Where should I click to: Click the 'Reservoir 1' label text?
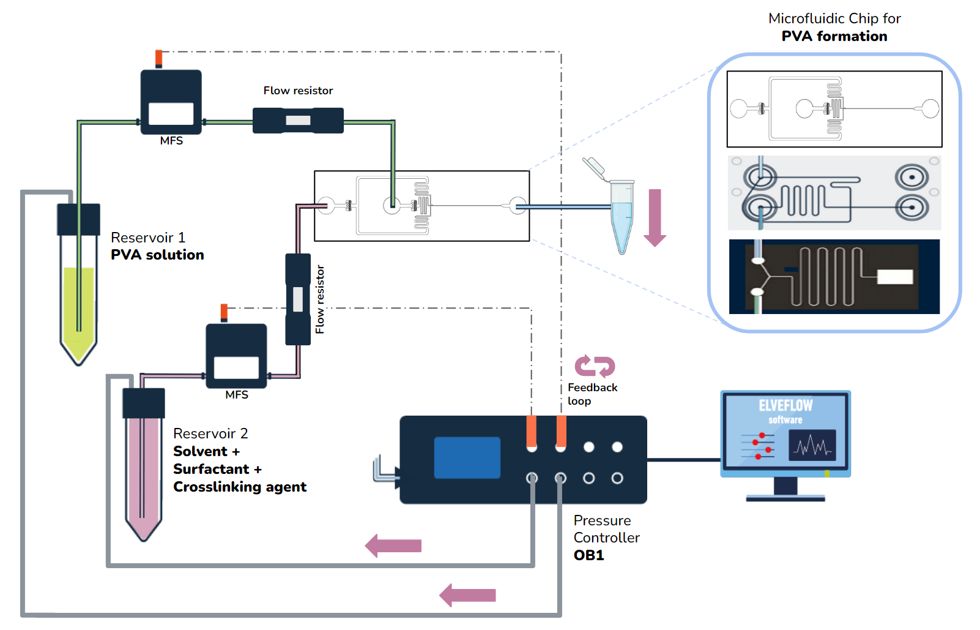pos(147,238)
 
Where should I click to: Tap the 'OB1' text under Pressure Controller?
pos(588,555)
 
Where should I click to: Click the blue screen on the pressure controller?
pos(467,457)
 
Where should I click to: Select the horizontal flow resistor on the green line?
pos(298,121)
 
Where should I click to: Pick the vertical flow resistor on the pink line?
pos(298,299)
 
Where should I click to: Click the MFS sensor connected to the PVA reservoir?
pos(171,102)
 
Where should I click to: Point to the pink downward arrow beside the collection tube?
pos(655,217)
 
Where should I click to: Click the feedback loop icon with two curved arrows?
pos(595,366)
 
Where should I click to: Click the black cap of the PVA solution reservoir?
pos(78,219)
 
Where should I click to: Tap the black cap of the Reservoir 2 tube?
pos(144,403)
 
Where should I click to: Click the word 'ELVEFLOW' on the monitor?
pos(785,405)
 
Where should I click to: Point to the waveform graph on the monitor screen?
pos(812,445)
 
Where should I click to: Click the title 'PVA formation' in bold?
pos(834,36)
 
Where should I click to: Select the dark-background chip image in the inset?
pos(834,277)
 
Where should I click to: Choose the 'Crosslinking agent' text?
pos(240,487)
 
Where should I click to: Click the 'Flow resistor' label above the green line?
pos(298,91)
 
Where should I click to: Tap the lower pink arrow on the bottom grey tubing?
pos(468,595)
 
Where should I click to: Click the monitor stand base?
pos(785,498)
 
